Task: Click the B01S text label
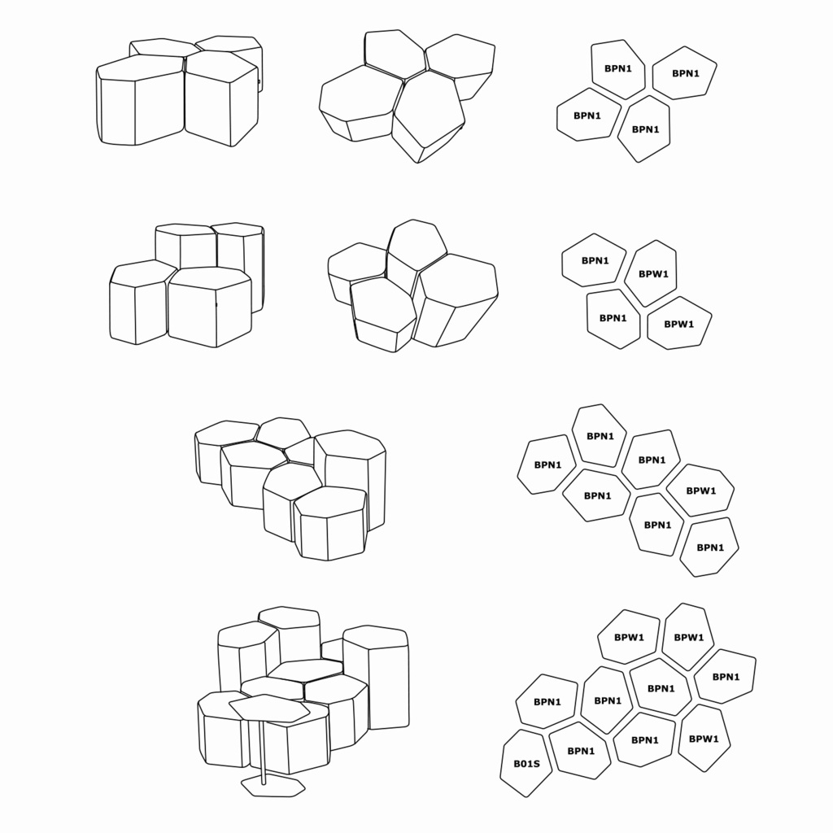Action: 526,763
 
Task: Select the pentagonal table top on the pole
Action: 269,709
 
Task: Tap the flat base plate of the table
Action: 273,787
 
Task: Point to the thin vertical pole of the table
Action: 262,752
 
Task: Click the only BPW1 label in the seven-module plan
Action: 700,491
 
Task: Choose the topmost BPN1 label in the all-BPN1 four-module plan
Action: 618,68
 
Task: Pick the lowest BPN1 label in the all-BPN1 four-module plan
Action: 645,129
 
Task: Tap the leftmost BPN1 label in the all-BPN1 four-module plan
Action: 587,116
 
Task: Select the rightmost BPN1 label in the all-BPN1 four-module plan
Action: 686,73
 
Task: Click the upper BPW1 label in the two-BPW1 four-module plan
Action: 653,274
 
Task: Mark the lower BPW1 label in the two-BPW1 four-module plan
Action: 679,324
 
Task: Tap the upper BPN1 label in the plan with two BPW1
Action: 595,261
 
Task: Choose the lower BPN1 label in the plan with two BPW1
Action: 613,318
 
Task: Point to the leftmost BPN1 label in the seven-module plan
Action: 547,464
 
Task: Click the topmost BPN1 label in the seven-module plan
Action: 600,436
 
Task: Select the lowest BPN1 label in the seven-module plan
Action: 710,547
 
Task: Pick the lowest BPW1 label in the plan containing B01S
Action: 704,739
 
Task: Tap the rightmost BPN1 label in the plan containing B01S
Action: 726,677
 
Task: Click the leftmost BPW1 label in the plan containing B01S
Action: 629,638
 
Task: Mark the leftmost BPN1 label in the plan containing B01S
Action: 547,702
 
